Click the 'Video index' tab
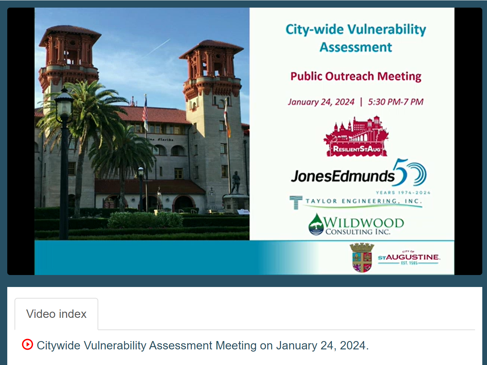click(56, 314)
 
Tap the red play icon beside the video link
click(28, 344)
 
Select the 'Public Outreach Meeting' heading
click(356, 76)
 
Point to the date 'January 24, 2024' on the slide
click(321, 102)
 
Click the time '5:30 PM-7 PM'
click(396, 102)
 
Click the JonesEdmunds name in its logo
click(342, 176)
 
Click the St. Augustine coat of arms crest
click(362, 258)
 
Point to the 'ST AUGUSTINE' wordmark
click(409, 258)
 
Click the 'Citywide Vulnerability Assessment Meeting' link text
click(202, 345)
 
